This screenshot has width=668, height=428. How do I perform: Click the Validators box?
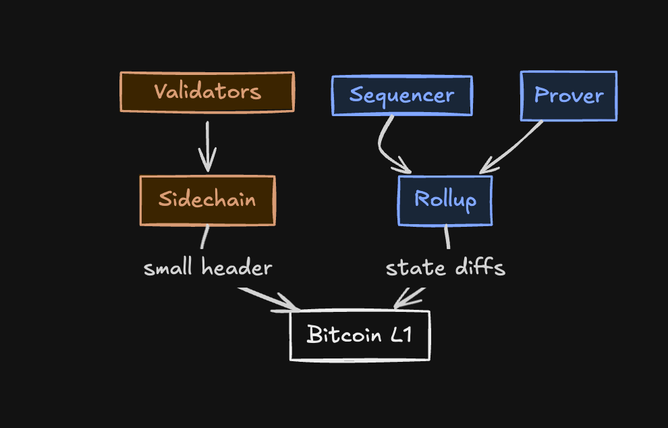[207, 92]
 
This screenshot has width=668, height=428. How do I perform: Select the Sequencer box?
[401, 95]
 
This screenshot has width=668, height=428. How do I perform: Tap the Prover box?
[568, 95]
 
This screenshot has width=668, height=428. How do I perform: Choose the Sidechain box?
[207, 200]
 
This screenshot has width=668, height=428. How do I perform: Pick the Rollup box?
[445, 200]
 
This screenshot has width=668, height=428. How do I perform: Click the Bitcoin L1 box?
[360, 335]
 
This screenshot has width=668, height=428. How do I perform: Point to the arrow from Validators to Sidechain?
[207, 145]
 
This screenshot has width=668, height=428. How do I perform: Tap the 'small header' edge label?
[208, 268]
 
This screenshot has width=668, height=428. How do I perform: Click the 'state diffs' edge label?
[445, 268]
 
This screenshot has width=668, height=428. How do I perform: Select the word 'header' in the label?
[236, 268]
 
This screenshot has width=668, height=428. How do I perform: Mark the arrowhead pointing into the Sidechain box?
[207, 165]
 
